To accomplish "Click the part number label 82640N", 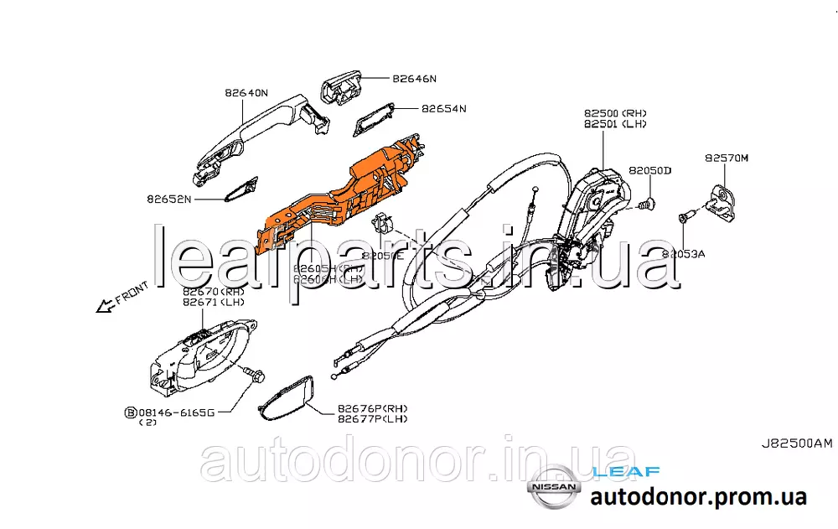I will point(246,93).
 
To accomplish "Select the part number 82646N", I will point(414,79).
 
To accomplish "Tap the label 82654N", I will point(443,109).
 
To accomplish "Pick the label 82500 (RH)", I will point(615,112).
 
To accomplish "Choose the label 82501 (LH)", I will point(615,124).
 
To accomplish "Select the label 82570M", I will point(726,157).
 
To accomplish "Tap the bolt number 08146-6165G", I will point(177,412).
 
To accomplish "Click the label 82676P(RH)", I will point(372,407).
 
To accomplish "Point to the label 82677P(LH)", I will point(372,418).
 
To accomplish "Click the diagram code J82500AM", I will point(796,444).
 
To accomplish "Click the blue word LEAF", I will point(625,472).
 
